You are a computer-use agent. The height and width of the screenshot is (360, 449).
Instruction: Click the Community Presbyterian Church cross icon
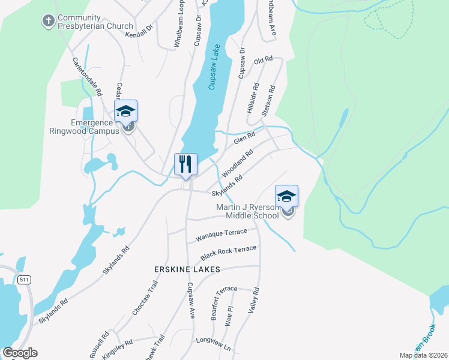(x=47, y=22)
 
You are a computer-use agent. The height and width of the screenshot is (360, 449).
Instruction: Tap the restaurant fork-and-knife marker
(x=185, y=164)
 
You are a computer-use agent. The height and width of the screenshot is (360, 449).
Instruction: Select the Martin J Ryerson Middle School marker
(x=286, y=196)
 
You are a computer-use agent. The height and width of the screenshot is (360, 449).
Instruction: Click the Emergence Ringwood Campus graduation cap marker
(x=126, y=112)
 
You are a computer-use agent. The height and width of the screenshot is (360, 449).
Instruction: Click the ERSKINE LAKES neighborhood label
(x=187, y=269)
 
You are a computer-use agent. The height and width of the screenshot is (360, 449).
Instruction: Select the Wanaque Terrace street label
(x=221, y=235)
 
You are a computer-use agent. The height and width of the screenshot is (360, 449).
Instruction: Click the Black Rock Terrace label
(x=229, y=252)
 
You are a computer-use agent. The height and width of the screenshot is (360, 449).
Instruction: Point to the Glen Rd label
(x=244, y=139)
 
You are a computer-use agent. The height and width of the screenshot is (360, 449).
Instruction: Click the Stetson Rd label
(x=268, y=101)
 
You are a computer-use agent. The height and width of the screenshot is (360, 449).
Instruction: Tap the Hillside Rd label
(x=253, y=98)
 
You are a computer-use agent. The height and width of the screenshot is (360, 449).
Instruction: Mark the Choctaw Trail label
(x=144, y=305)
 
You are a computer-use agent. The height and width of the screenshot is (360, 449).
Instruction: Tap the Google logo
(x=20, y=353)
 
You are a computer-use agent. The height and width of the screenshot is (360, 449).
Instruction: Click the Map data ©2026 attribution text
(x=423, y=355)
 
